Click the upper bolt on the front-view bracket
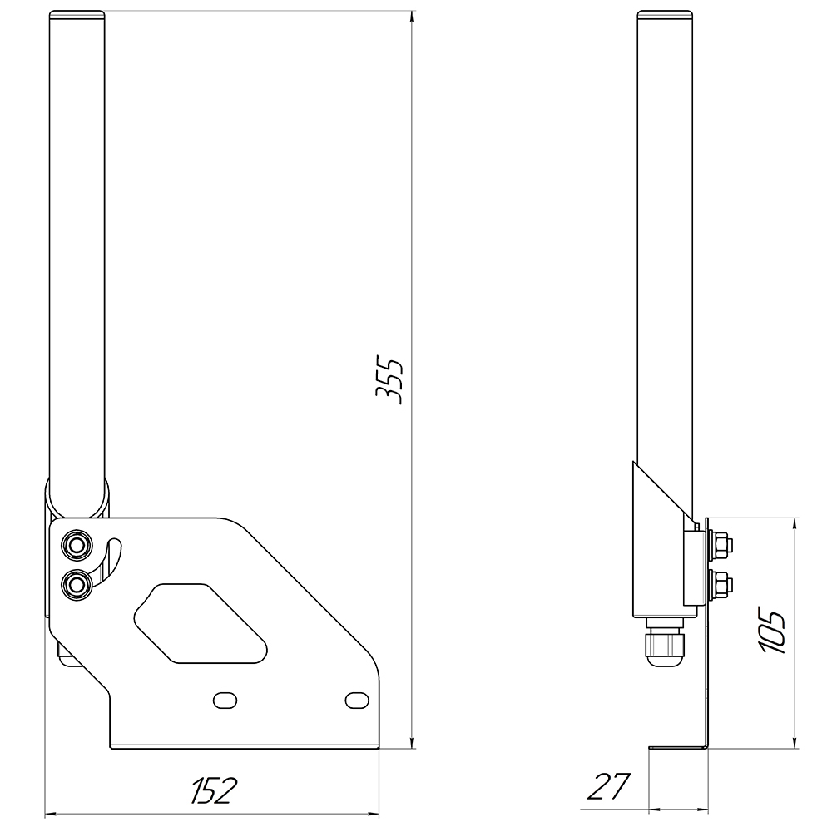[x=77, y=545]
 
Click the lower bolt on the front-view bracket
[x=77, y=585]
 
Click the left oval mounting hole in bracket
[x=225, y=700]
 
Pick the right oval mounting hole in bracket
[x=357, y=700]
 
